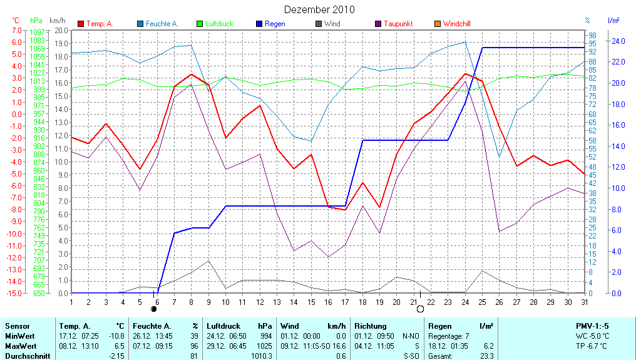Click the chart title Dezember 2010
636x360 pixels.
[x=319, y=9]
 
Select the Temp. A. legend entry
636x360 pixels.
[x=99, y=24]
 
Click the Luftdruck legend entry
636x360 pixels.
[x=218, y=24]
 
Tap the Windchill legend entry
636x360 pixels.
[x=456, y=24]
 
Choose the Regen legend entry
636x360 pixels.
[x=275, y=24]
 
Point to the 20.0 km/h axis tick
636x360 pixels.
[x=61, y=30]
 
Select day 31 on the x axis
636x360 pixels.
[x=584, y=301]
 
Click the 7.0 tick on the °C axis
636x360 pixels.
[x=18, y=30]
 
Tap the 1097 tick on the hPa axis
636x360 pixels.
[x=37, y=32]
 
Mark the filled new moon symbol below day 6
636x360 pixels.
[x=154, y=309]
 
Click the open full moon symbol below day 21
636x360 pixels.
[x=420, y=309]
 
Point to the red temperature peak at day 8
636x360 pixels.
[x=192, y=74]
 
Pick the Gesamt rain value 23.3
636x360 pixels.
[x=486, y=356]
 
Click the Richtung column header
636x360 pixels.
[x=370, y=326]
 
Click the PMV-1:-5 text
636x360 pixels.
[x=592, y=326]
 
